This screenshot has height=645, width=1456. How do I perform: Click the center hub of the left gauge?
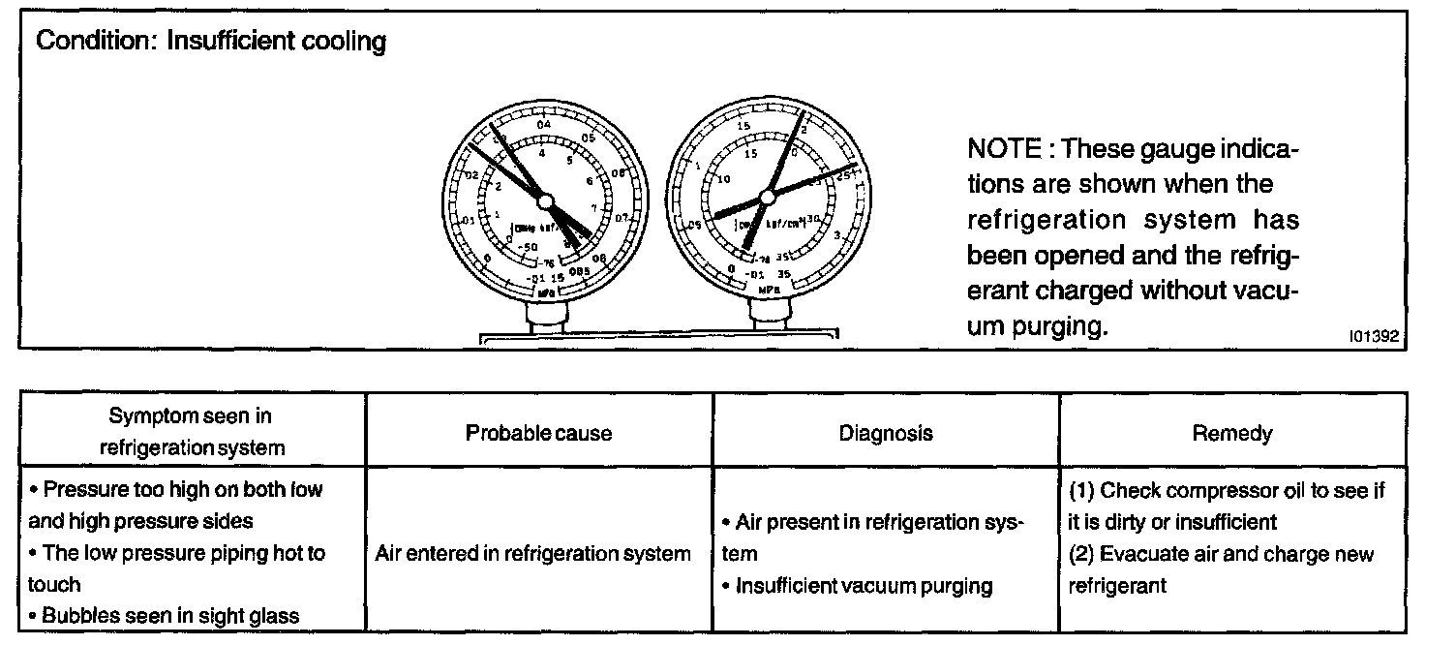pyautogui.click(x=545, y=200)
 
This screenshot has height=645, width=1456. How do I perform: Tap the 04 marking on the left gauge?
pyautogui.click(x=544, y=124)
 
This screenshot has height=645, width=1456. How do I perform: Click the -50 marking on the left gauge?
pyautogui.click(x=528, y=248)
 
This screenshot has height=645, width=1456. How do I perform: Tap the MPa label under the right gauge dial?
pyautogui.click(x=770, y=289)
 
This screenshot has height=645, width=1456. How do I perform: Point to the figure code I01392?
pyautogui.click(x=1374, y=335)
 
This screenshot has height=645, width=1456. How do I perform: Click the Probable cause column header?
pyautogui.click(x=538, y=433)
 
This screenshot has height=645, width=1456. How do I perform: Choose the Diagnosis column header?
pyautogui.click(x=886, y=433)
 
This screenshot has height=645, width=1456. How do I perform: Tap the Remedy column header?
pyautogui.click(x=1232, y=433)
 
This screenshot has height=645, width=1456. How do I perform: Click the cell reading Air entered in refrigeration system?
pyautogui.click(x=532, y=554)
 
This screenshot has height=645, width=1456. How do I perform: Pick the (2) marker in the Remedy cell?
pyautogui.click(x=1081, y=554)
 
